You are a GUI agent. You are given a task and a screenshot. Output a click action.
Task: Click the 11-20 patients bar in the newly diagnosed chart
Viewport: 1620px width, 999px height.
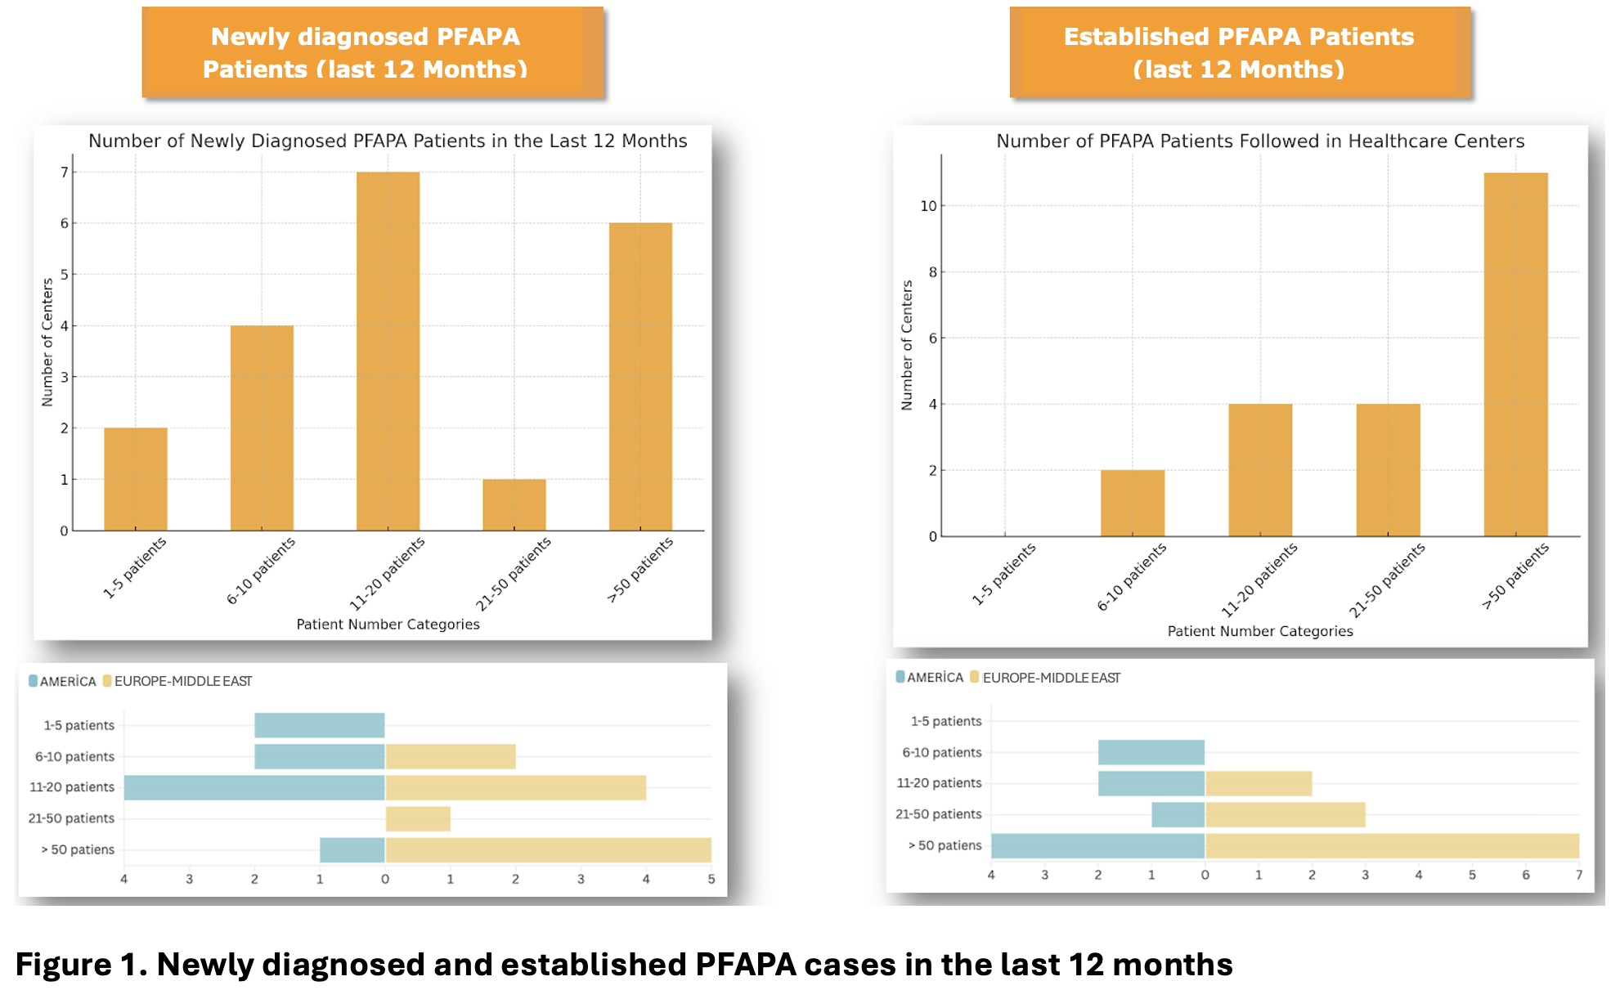point(388,352)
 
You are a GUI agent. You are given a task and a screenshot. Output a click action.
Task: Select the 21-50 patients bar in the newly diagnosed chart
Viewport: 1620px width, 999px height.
point(514,504)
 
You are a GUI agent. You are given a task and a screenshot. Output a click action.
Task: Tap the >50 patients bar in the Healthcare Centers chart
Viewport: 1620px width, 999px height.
point(1515,355)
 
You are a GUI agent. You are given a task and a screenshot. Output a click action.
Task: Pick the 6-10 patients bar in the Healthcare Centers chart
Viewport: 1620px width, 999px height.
point(1132,503)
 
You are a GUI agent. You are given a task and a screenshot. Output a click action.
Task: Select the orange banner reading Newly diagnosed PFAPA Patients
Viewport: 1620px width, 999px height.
point(372,53)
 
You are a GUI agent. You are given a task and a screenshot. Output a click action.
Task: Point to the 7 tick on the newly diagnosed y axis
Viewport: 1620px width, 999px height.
point(65,172)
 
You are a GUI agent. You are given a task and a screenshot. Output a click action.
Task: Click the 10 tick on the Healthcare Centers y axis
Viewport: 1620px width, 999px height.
point(928,206)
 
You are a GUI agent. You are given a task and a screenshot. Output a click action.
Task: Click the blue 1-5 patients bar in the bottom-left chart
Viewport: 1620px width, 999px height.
point(319,725)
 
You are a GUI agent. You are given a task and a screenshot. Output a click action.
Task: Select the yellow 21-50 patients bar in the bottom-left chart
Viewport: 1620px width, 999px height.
point(418,818)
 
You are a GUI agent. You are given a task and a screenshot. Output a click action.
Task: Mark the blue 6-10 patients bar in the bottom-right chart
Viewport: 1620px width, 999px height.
point(1151,752)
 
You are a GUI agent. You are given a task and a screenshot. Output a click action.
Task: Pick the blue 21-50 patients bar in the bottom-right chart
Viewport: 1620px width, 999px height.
point(1178,814)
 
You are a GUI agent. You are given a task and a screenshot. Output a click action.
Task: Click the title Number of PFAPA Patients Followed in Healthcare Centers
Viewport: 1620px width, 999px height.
point(1259,141)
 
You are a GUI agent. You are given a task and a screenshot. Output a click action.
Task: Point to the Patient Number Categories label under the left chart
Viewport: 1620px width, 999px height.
point(388,625)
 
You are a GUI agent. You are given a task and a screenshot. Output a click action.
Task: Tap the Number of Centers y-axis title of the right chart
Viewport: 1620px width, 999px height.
point(906,345)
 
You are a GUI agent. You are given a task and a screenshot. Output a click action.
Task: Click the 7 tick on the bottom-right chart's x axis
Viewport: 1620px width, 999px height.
point(1578,875)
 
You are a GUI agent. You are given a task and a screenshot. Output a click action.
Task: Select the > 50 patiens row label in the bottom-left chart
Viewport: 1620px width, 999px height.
point(78,849)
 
